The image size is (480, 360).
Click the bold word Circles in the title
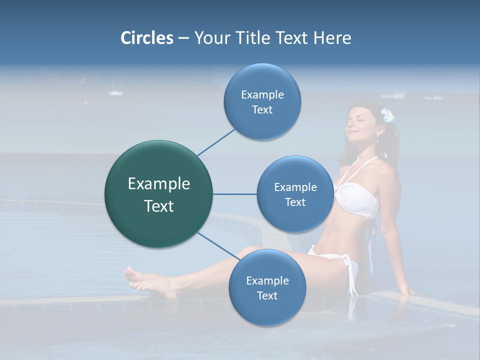click(146, 38)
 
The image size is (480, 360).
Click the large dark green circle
click(158, 194)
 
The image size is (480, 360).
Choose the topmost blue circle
click(262, 101)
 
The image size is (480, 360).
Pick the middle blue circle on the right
click(295, 194)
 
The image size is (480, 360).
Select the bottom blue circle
click(267, 287)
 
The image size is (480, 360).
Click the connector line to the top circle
click(216, 142)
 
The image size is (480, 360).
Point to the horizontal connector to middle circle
click(234, 194)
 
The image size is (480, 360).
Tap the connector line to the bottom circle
click(218, 246)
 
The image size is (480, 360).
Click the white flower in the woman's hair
click(387, 115)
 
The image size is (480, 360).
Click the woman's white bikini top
click(356, 198)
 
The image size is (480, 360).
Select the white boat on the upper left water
click(115, 92)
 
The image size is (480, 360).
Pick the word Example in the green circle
click(158, 184)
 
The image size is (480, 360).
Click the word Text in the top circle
click(262, 110)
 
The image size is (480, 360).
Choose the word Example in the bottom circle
click(267, 280)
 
